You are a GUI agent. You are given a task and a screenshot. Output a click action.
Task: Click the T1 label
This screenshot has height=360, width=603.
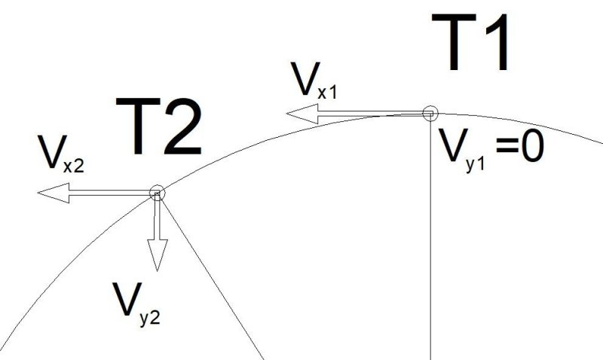470,42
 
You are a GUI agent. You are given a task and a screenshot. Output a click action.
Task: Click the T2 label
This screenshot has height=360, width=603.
158,126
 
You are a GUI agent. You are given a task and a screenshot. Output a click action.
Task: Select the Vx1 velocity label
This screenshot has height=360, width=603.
314,81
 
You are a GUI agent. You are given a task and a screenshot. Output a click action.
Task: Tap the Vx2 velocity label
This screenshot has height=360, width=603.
60,154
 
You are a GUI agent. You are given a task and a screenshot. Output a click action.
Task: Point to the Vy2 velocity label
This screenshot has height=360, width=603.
136,304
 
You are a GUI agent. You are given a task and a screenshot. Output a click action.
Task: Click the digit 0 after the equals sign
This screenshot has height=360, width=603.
533,148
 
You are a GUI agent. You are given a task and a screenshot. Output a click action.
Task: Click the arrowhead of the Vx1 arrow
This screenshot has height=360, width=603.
303,114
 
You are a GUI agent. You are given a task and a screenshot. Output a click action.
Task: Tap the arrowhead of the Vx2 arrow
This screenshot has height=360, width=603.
54,193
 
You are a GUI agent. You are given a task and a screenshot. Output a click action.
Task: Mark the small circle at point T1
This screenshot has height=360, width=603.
430,113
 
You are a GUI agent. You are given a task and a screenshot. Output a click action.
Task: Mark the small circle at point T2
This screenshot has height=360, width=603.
157,193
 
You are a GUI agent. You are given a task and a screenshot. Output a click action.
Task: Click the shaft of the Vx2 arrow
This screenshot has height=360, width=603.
112,193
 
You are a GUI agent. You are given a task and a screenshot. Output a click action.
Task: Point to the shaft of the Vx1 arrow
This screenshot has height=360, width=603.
374,113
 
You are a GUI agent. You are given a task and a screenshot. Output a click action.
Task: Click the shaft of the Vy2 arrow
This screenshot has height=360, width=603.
158,217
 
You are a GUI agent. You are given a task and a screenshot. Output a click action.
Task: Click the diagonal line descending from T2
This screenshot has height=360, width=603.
211,276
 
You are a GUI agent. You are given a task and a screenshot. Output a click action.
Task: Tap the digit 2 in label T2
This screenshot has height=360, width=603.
183,126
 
